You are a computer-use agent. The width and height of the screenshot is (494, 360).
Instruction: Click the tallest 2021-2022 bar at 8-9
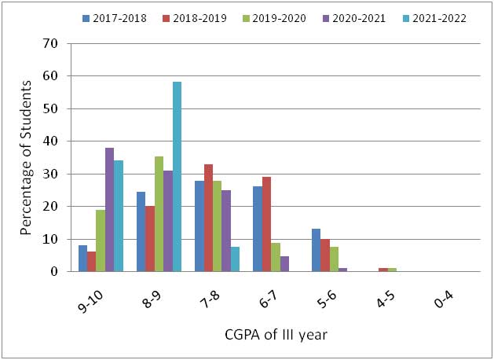coord(177,177)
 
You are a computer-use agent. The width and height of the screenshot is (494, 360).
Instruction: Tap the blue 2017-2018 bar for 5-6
coord(316,250)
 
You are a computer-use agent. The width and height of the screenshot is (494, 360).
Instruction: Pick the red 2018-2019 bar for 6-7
coord(267,224)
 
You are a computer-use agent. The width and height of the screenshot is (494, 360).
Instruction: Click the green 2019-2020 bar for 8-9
coord(159,214)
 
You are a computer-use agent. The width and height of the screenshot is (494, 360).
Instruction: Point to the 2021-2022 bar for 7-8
coord(236,259)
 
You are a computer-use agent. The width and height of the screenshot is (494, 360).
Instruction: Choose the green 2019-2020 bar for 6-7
coord(276,257)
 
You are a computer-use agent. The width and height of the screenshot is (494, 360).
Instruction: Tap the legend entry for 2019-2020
coord(272,17)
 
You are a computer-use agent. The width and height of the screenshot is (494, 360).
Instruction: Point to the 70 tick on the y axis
coord(51,43)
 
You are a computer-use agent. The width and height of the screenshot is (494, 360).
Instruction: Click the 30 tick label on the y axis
coord(51,174)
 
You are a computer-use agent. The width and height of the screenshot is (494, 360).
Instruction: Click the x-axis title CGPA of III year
coord(273,335)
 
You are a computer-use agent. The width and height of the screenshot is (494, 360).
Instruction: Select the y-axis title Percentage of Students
coord(26,157)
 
